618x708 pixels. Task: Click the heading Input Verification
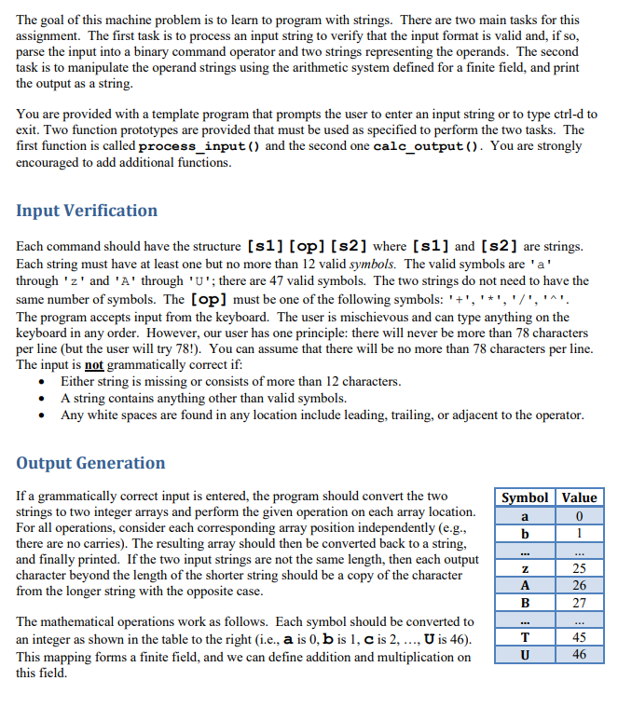coord(87,211)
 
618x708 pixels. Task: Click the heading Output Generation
coord(90,463)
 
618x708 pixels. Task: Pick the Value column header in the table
coord(579,497)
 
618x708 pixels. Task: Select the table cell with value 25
coord(579,568)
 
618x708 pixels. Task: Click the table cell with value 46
coord(579,656)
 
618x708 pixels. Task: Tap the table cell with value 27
coord(579,604)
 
